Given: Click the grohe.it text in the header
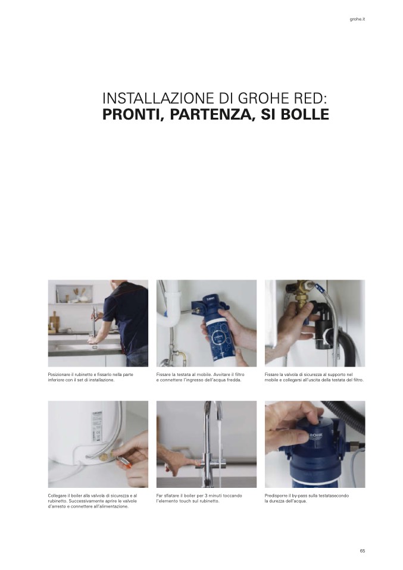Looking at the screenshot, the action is (357, 19).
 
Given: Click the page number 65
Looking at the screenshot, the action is (363, 551).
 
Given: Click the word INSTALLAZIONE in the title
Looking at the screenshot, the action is (158, 98).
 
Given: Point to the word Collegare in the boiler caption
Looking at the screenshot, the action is (57, 496).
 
